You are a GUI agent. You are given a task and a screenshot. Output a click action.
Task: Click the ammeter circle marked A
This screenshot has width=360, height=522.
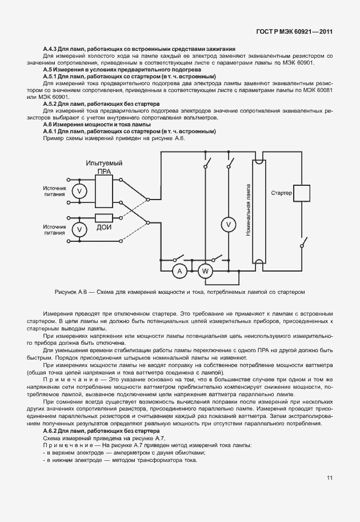pyautogui.click(x=179, y=270)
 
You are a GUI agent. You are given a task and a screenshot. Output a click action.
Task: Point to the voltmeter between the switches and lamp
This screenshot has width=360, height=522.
pyautogui.click(x=229, y=225)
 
